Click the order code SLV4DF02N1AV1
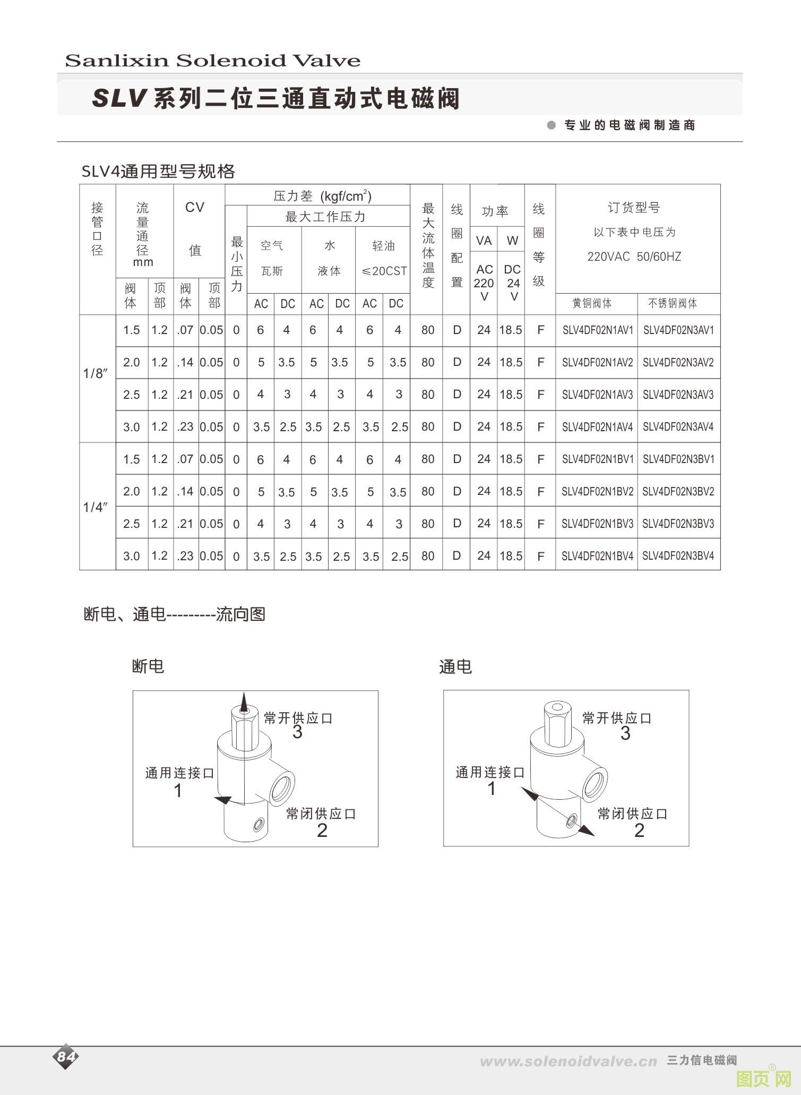coord(597,330)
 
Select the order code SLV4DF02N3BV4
coord(678,556)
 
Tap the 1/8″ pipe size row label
coord(96,374)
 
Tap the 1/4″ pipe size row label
coord(96,507)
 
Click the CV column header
coord(195,208)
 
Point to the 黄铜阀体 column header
coord(592,303)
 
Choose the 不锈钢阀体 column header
coord(673,303)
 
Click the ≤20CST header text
coord(384,271)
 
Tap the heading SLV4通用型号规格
coord(158,172)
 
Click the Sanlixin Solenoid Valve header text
coord(212,61)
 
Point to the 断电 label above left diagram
coord(148,666)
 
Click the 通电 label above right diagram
coord(455,666)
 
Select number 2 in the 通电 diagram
coord(639,831)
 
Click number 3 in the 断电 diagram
coord(297,732)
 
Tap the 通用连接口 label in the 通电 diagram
coord(490,773)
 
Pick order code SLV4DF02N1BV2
coord(597,492)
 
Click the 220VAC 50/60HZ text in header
coord(634,257)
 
